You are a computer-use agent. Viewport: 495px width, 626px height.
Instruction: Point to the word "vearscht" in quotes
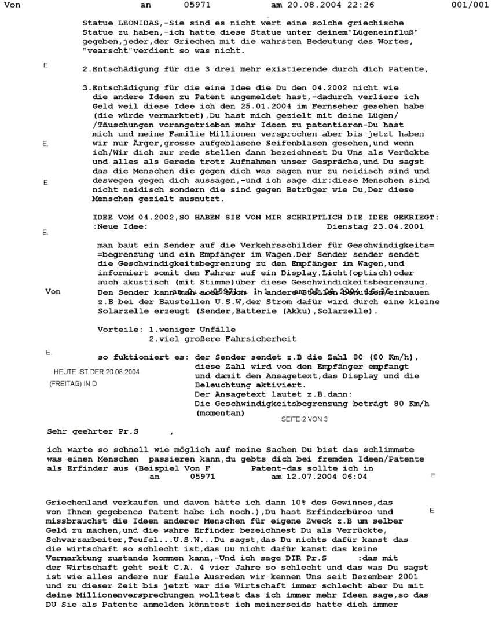pyautogui.click(x=107, y=51)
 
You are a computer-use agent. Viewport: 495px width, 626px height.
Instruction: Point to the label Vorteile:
pyautogui.click(x=119, y=330)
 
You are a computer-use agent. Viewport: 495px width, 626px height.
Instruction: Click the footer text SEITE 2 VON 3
pyautogui.click(x=304, y=419)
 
